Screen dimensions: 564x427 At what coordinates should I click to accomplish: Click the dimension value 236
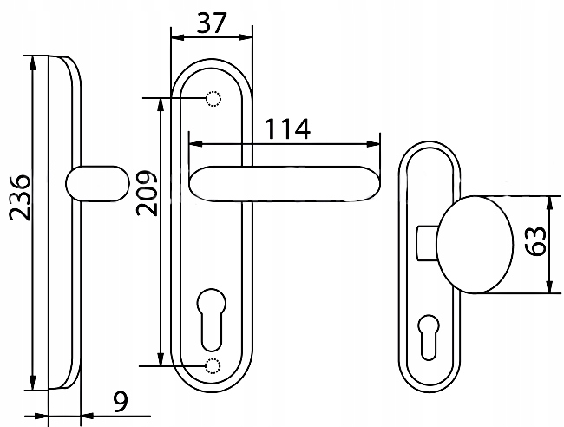pyautogui.click(x=19, y=198)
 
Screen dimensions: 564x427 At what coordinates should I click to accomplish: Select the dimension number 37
pyautogui.click(x=212, y=23)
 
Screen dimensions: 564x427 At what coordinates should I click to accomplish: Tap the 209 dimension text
pyautogui.click(x=147, y=193)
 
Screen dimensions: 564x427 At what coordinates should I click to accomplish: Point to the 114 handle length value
pyautogui.click(x=287, y=128)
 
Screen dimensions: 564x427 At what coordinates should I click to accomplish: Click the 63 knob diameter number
pyautogui.click(x=534, y=240)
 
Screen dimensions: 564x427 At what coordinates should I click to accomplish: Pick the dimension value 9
pyautogui.click(x=121, y=402)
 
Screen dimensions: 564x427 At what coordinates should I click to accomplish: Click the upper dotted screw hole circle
pyautogui.click(x=213, y=99)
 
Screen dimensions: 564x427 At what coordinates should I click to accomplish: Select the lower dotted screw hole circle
pyautogui.click(x=213, y=366)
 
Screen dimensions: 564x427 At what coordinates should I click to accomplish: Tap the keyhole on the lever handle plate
pyautogui.click(x=212, y=319)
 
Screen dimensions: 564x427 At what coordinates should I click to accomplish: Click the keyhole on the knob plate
pyautogui.click(x=429, y=338)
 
